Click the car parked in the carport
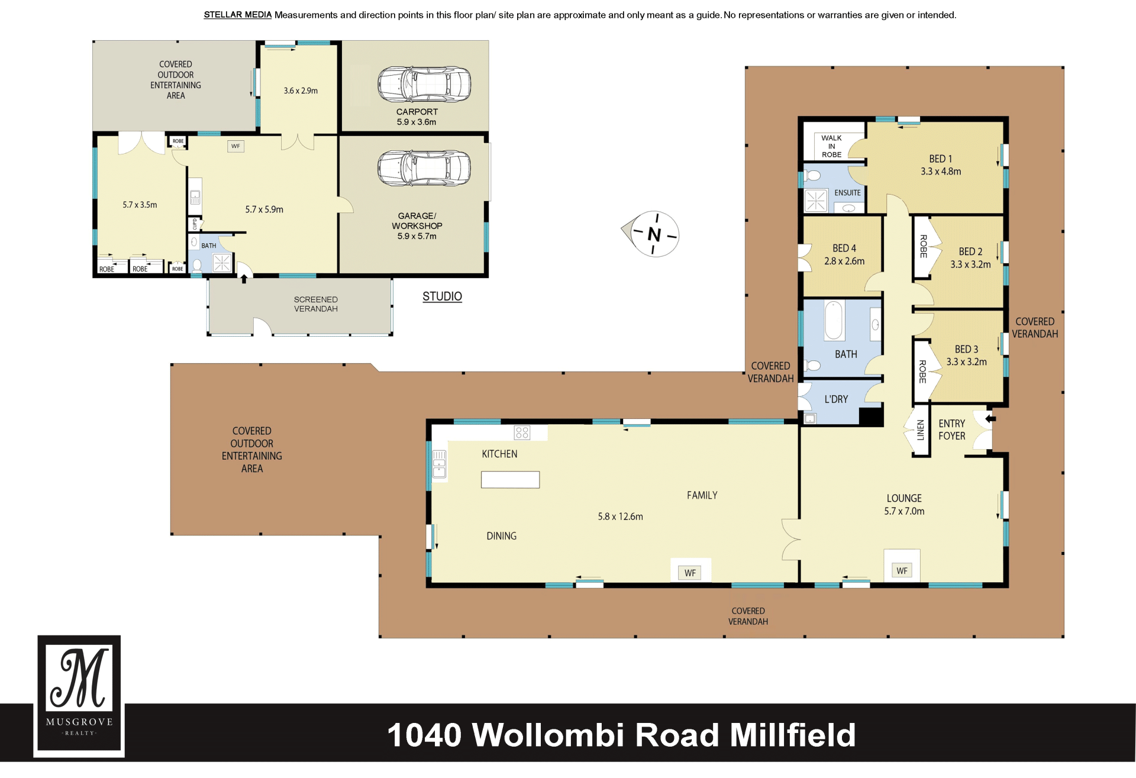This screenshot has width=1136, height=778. point(424,84)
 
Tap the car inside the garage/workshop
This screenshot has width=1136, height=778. point(424,168)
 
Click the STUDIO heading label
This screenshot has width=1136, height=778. point(442,296)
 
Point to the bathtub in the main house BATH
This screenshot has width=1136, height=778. point(834,320)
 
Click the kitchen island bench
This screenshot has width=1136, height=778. point(510,479)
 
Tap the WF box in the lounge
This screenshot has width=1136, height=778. point(902,570)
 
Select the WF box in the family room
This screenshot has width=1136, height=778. point(690,573)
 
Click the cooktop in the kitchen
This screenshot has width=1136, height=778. point(522,432)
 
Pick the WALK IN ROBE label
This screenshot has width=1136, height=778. point(831,146)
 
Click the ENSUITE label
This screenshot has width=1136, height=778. point(847,193)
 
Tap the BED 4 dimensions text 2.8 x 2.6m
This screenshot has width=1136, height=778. point(844,261)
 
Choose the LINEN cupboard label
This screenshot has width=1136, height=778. point(920,430)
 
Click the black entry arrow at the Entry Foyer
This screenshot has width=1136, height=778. point(990,418)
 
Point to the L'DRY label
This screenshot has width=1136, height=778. point(836,399)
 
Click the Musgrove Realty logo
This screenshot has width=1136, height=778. point(79,696)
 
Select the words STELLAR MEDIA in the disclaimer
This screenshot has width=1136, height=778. point(237,15)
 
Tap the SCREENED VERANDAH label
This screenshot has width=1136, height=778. point(316,304)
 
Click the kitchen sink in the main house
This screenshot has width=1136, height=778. point(439,464)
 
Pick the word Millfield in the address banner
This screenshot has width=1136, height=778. point(793,735)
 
